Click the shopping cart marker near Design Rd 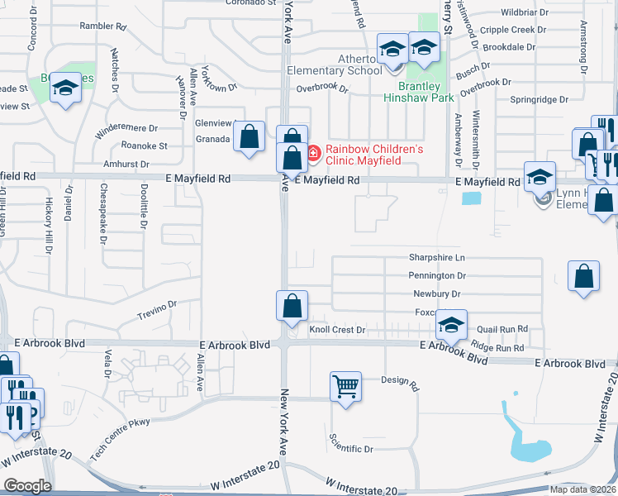click(346, 385)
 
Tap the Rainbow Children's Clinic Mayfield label click(374, 155)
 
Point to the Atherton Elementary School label click(335, 64)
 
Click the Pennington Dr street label click(437, 275)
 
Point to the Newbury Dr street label click(437, 293)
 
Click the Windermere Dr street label click(126, 128)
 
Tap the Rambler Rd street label click(102, 26)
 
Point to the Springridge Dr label click(539, 99)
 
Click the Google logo click(27, 486)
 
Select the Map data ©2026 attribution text click(582, 489)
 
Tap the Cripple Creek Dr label click(513, 30)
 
